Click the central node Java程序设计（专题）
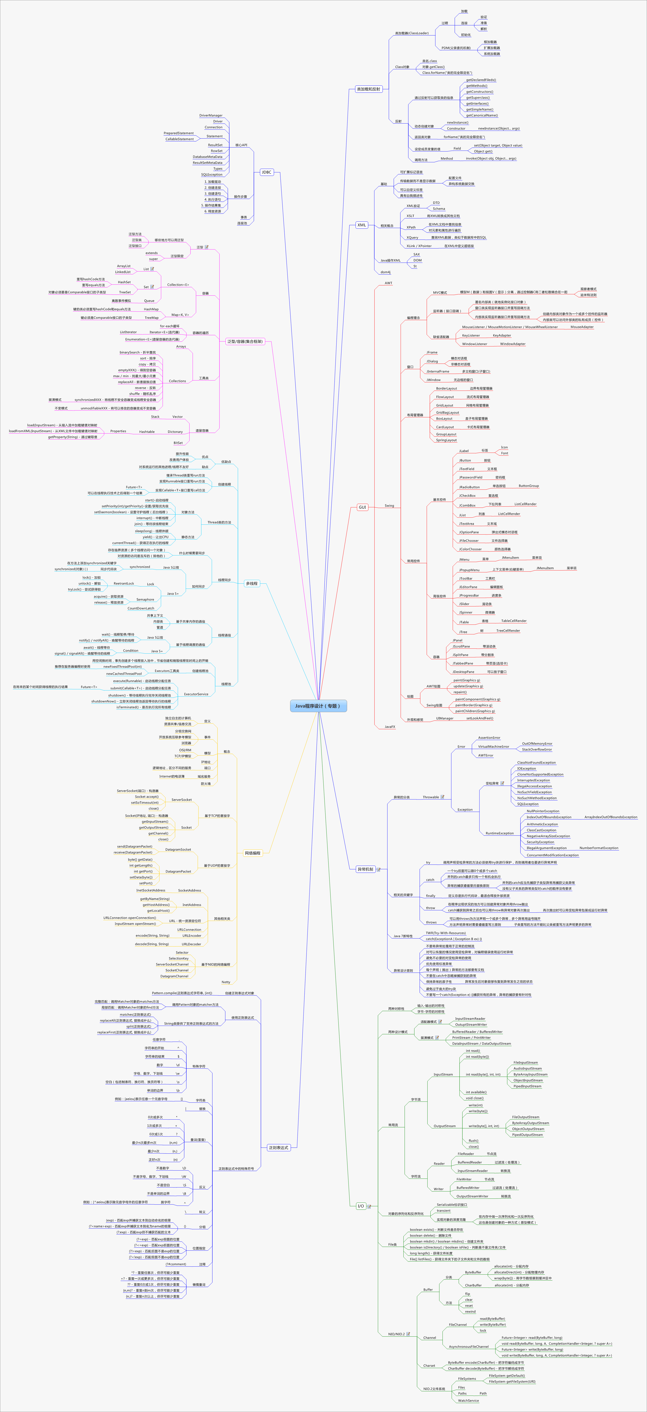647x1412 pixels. [318, 706]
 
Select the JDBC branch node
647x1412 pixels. [266, 172]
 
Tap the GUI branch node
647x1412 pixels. [362, 507]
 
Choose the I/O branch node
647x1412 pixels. [360, 1206]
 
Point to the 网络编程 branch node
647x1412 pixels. [253, 853]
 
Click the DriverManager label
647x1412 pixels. [211, 116]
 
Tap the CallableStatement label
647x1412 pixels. [180, 139]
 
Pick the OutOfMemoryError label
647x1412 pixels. [537, 744]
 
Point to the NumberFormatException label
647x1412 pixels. [599, 848]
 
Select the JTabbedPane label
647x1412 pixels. [463, 663]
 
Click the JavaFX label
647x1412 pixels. [390, 727]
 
